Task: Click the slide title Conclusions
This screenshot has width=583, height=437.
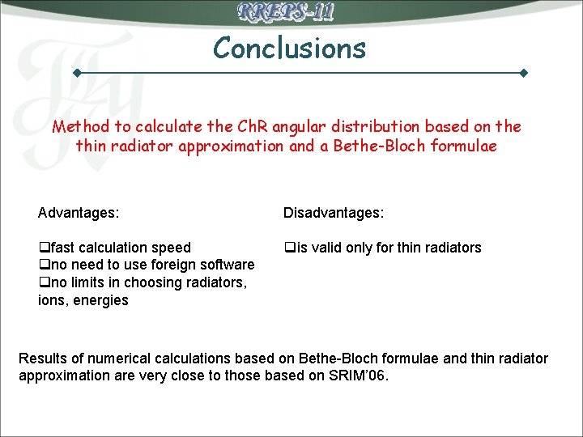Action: [289, 49]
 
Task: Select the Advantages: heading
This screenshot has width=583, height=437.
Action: [79, 213]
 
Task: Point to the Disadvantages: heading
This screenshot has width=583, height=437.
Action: [334, 213]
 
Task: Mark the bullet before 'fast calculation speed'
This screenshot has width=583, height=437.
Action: [44, 248]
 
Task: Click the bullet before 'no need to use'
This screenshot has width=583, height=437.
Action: [44, 265]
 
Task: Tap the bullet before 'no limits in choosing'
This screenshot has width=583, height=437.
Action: [44, 283]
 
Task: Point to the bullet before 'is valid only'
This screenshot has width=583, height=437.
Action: [288, 248]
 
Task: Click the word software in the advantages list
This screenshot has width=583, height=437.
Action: [226, 265]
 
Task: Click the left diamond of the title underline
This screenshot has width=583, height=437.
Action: [77, 74]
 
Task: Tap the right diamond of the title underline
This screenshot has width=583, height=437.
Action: [524, 74]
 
